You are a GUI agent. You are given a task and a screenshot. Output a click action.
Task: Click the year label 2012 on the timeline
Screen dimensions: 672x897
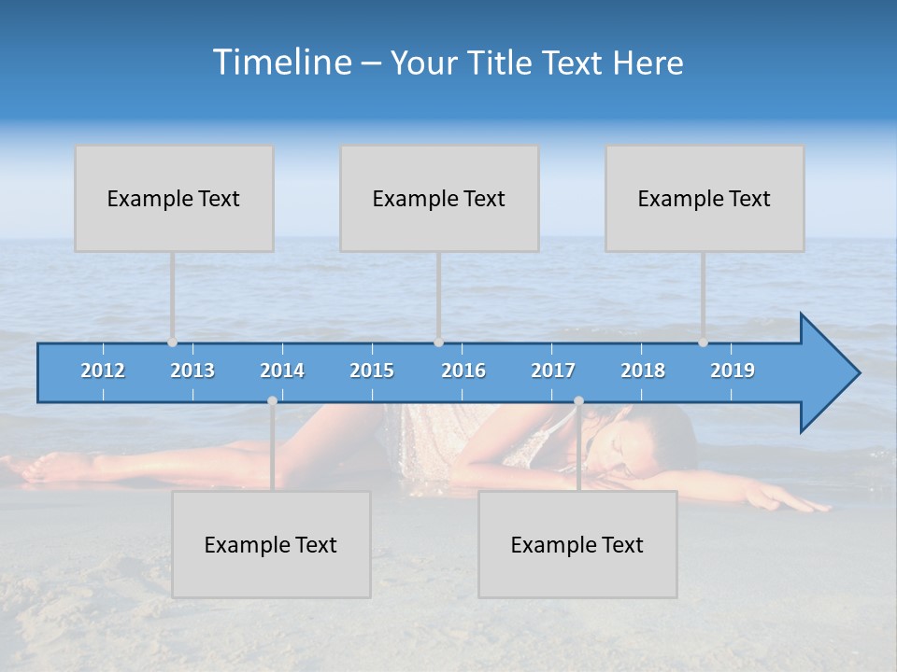pyautogui.click(x=103, y=371)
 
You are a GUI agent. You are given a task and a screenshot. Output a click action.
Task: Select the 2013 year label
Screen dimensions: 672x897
pyautogui.click(x=192, y=371)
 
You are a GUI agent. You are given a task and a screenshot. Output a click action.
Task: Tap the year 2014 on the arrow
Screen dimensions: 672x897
pyautogui.click(x=282, y=371)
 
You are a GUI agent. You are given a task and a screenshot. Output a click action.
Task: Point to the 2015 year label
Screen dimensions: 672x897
pyautogui.click(x=372, y=371)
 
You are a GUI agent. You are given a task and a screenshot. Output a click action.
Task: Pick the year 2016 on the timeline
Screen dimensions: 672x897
pyautogui.click(x=463, y=371)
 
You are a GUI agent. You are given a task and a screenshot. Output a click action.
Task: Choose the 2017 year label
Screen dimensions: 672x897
pyautogui.click(x=553, y=371)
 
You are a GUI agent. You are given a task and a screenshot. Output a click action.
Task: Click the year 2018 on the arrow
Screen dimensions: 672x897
pyautogui.click(x=643, y=371)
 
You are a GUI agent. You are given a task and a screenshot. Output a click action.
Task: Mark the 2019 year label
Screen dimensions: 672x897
pyautogui.click(x=733, y=371)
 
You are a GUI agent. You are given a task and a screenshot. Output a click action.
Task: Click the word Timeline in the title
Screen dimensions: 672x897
pyautogui.click(x=280, y=63)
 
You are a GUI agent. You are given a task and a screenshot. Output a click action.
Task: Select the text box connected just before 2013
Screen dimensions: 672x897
pyautogui.click(x=174, y=198)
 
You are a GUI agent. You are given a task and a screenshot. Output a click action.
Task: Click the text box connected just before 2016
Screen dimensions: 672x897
pyautogui.click(x=439, y=198)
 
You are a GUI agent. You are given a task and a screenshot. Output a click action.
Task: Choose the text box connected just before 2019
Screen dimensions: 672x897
pyautogui.click(x=705, y=198)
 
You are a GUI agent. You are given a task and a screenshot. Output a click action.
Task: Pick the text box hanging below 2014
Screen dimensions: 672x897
pyautogui.click(x=271, y=545)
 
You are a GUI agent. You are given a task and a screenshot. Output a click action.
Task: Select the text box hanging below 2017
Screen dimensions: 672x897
pyautogui.click(x=577, y=545)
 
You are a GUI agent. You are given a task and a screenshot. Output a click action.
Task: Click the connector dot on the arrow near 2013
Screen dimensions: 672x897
pyautogui.click(x=172, y=343)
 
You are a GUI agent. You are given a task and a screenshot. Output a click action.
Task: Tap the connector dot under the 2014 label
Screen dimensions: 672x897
pyautogui.click(x=272, y=401)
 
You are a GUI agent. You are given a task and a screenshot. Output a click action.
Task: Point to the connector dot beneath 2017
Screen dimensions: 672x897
pyautogui.click(x=578, y=401)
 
